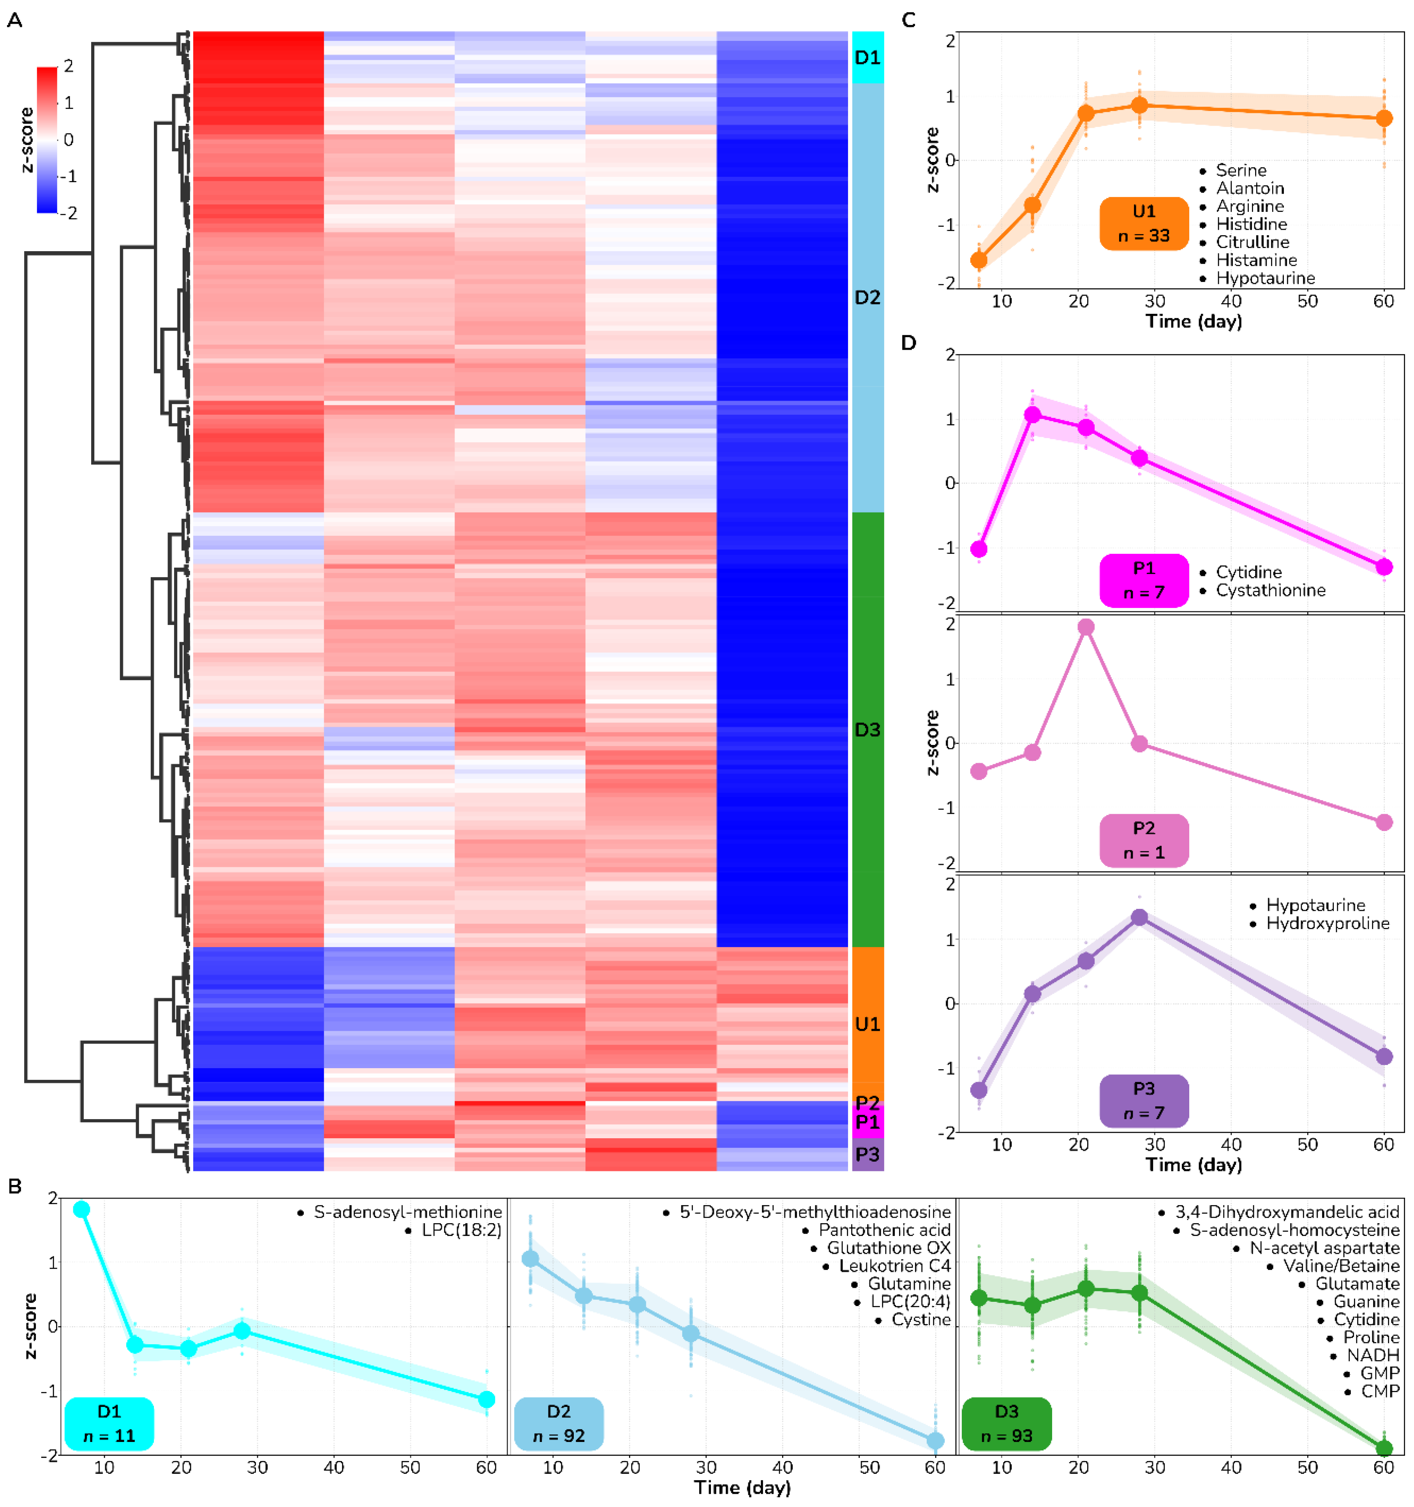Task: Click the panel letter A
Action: (14, 21)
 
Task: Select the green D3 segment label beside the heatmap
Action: (867, 729)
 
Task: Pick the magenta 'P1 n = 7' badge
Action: (1143, 580)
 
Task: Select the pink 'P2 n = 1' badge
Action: (1143, 840)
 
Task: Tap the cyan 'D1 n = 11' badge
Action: (109, 1423)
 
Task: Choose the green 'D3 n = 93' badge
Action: (1006, 1423)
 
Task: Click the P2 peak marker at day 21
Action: (1086, 627)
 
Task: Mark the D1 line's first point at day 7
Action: (81, 1209)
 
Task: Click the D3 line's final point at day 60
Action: (1384, 1448)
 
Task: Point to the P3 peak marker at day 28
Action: (1139, 917)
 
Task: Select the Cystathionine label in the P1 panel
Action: (1271, 590)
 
